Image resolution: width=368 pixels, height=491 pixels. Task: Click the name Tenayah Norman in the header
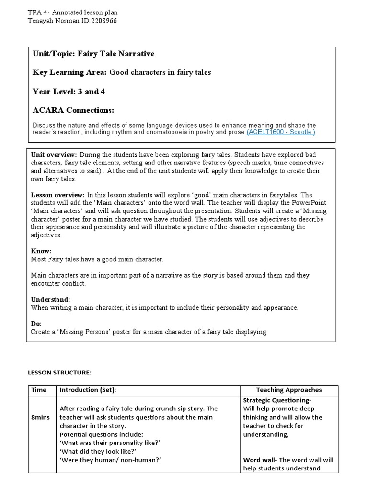pos(52,21)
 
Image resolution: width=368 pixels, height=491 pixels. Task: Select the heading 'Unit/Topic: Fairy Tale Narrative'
pos(93,54)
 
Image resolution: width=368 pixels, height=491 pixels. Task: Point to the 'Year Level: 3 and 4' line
pos(69,91)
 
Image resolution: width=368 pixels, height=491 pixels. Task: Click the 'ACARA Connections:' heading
pos(73,110)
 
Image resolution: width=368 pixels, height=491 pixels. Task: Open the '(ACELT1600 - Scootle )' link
pos(281,132)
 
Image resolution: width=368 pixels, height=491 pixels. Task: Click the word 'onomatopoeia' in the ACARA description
pos(155,132)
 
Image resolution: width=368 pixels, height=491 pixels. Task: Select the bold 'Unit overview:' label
pos(54,155)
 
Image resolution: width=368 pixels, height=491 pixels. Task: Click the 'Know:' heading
pos(41,251)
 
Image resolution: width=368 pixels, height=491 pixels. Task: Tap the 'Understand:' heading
pos(50,299)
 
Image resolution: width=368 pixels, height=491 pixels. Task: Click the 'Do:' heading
pos(36,324)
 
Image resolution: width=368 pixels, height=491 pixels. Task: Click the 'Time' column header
pos(39,390)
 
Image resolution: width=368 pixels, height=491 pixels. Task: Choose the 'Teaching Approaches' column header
pos(289,390)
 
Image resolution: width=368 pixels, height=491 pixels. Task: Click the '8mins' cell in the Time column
pos(40,418)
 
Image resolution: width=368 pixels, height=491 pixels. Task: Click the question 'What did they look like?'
pos(98,451)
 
